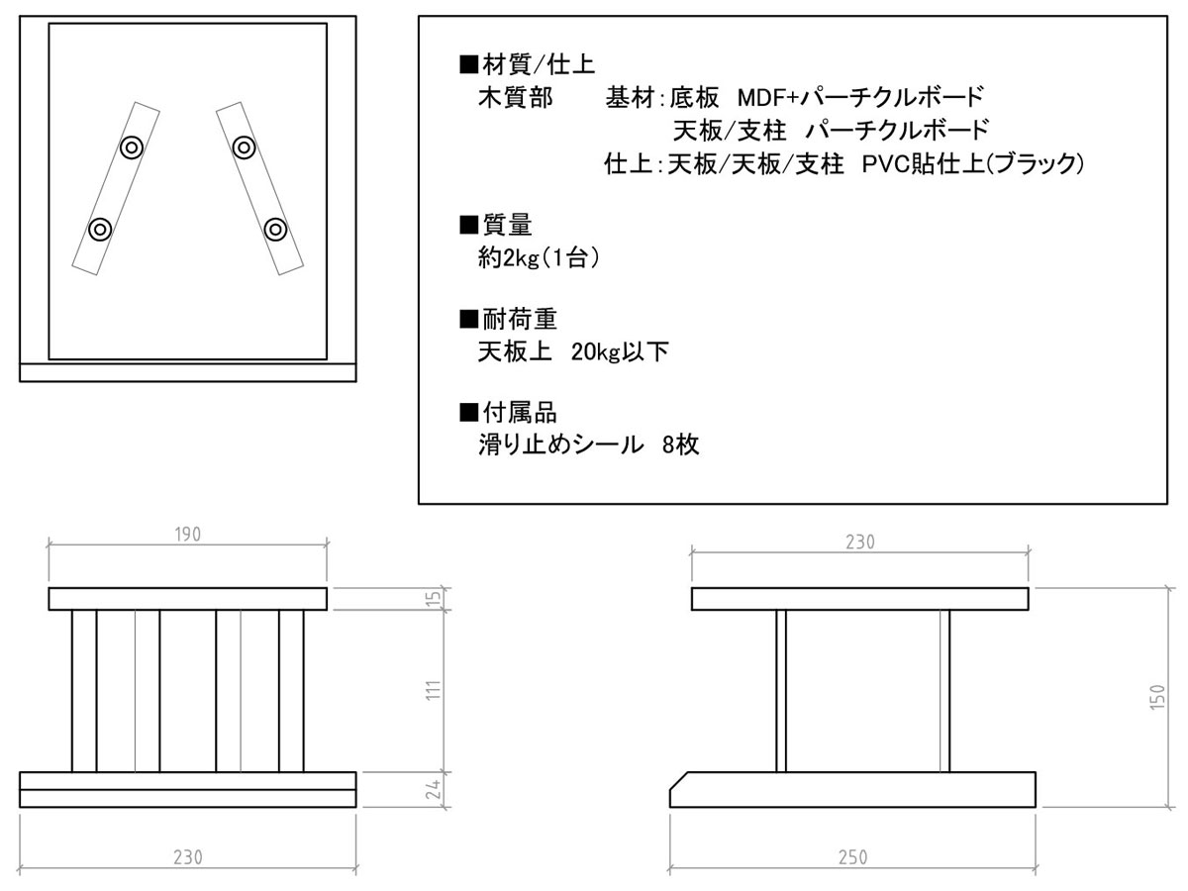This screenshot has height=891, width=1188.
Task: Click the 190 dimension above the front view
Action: tap(188, 535)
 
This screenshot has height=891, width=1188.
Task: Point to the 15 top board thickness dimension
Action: tap(434, 598)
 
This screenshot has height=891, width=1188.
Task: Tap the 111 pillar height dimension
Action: tap(434, 691)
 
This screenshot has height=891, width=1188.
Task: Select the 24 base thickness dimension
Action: tap(434, 789)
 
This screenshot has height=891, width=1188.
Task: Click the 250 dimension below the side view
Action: tap(852, 857)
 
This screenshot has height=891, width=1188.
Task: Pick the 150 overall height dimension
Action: tap(1156, 697)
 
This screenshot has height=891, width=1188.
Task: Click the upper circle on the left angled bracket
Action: tap(132, 148)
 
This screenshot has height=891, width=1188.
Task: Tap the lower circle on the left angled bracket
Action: tap(100, 230)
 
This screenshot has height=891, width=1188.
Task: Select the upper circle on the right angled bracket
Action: tap(245, 148)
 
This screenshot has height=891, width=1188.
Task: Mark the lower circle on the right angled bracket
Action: tap(275, 230)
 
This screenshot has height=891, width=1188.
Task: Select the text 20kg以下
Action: tap(620, 352)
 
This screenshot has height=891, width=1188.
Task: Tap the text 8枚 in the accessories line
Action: tap(681, 445)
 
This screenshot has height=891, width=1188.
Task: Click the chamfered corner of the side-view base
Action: tap(679, 781)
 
